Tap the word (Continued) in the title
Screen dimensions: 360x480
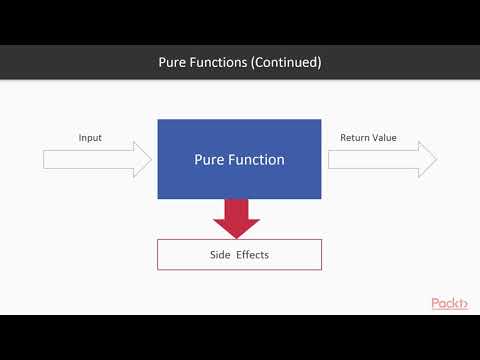[x=288, y=62]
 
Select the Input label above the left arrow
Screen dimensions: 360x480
[x=90, y=137]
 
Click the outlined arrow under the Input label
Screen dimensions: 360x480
[x=95, y=159]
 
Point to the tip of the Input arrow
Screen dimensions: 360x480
[x=150, y=159]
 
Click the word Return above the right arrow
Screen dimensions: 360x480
[x=354, y=137]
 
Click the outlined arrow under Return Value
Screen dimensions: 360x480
[x=380, y=159]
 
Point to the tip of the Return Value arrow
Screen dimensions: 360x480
[x=436, y=159]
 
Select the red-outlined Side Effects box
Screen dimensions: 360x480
[x=239, y=254]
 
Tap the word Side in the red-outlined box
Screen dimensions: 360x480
[x=218, y=255]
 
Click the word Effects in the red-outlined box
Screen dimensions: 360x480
[x=252, y=255]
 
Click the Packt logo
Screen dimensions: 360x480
[x=449, y=303]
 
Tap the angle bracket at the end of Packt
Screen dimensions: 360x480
[x=464, y=304]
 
